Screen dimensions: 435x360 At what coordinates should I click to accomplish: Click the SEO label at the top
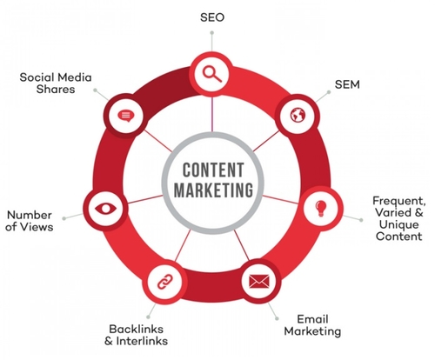tap(212, 17)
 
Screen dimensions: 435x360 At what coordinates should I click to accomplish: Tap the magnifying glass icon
tap(212, 74)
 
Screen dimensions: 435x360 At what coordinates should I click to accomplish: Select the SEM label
tap(347, 84)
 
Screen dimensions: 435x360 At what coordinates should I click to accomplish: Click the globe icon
tap(298, 115)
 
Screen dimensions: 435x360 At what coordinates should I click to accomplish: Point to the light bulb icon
tap(321, 208)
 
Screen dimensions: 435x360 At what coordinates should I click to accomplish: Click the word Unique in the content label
tap(398, 224)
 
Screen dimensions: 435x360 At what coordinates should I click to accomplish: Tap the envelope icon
tap(259, 281)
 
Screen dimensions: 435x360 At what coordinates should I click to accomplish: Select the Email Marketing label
tap(312, 325)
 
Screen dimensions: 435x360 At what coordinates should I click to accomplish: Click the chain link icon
tap(165, 281)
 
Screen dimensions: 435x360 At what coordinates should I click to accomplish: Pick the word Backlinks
tap(137, 329)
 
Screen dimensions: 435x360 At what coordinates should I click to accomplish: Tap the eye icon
tap(106, 209)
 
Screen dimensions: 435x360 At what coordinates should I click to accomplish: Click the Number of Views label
tap(30, 221)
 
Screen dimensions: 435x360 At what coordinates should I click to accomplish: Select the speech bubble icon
tap(126, 116)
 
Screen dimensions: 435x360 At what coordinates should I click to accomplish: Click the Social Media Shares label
tap(56, 83)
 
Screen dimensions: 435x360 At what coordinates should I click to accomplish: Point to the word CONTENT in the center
tap(213, 170)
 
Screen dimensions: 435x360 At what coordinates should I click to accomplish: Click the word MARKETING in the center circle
tap(213, 190)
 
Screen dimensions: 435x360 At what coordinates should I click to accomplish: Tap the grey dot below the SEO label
tap(212, 33)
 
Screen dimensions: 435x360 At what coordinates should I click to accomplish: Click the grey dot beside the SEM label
tap(329, 92)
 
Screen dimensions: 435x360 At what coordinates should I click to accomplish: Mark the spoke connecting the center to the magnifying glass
tap(212, 114)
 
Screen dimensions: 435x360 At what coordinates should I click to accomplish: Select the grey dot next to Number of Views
tap(64, 218)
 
